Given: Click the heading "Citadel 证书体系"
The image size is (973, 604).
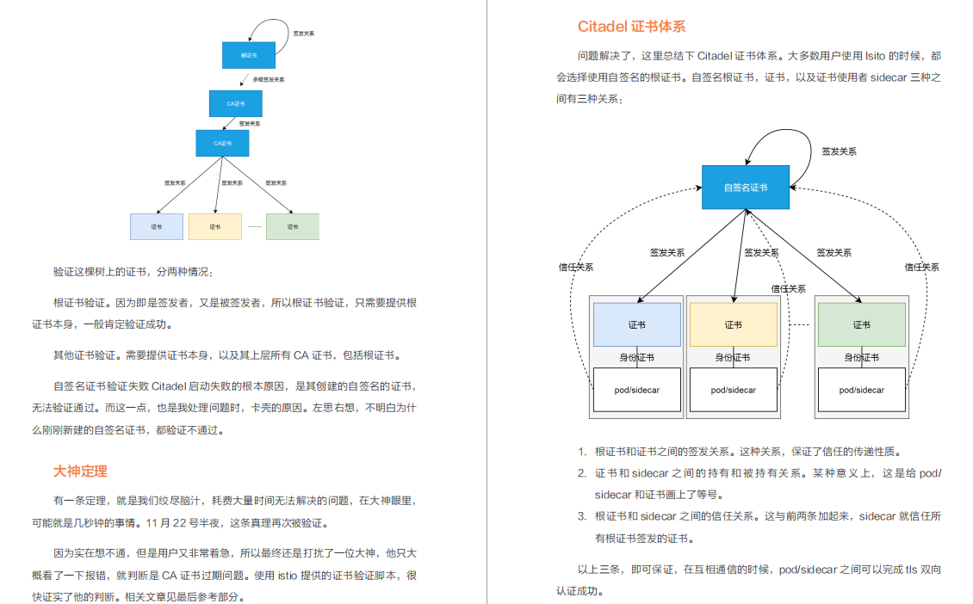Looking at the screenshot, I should (x=631, y=27).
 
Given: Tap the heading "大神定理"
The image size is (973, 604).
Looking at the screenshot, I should (x=80, y=471).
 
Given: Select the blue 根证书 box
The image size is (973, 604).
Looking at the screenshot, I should (x=248, y=55).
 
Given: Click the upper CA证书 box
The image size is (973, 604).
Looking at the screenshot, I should (x=235, y=103).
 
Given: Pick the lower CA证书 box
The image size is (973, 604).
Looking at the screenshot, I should (x=222, y=143).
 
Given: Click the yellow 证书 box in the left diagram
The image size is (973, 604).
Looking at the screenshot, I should (x=214, y=226).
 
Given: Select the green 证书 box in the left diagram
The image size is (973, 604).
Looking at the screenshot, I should (x=292, y=226).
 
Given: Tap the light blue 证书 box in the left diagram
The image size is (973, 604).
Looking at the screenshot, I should (x=156, y=226).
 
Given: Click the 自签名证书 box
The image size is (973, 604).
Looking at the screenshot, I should (x=745, y=188).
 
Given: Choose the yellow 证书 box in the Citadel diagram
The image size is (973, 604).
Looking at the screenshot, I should (x=733, y=324).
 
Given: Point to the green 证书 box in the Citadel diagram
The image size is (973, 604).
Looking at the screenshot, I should (x=861, y=324).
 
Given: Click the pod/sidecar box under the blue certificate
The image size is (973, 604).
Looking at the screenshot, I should (x=637, y=390).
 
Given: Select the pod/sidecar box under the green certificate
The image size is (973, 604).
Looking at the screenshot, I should (x=861, y=390).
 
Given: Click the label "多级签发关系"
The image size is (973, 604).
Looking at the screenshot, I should (x=269, y=79).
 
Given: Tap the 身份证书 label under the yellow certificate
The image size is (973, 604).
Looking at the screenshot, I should (x=733, y=357).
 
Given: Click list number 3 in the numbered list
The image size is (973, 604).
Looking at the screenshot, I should (x=582, y=516).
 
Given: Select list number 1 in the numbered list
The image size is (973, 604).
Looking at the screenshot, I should (x=582, y=451).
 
